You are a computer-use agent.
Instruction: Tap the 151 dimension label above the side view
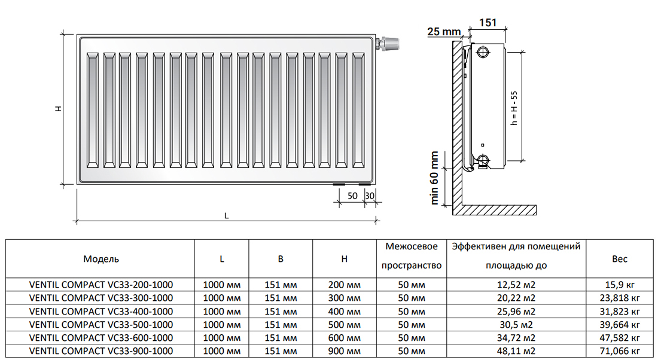click(x=488, y=23)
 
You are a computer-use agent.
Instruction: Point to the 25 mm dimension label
click(x=444, y=32)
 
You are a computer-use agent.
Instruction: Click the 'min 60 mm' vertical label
click(x=435, y=178)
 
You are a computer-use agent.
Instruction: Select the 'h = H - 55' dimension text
click(x=514, y=107)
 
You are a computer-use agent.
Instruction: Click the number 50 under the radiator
click(x=352, y=196)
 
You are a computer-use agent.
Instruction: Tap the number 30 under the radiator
click(x=370, y=196)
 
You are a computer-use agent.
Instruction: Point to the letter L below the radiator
click(x=227, y=216)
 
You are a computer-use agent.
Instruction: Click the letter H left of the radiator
click(x=58, y=109)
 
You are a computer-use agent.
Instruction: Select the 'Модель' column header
click(x=101, y=259)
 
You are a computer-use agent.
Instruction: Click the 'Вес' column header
click(x=620, y=259)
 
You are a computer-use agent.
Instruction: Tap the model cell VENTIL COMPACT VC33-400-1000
click(x=101, y=311)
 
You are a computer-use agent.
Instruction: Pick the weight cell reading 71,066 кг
click(x=620, y=351)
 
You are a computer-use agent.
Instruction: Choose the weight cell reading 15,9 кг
click(x=620, y=285)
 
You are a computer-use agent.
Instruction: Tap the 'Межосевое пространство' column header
click(x=412, y=256)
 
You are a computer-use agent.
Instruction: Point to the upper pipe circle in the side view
click(x=483, y=52)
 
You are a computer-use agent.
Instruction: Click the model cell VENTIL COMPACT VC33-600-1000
click(x=101, y=337)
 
